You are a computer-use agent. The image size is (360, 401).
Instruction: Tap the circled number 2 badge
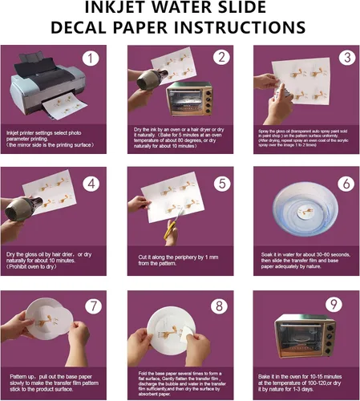pos(220,58)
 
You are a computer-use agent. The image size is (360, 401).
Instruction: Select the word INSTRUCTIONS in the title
pos(241,28)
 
